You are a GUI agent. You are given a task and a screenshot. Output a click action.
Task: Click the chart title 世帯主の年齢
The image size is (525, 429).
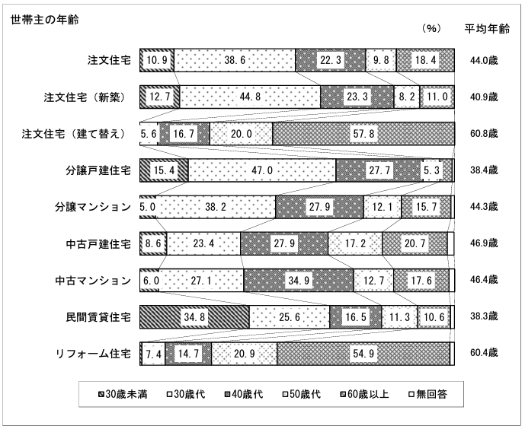pyautogui.click(x=45, y=20)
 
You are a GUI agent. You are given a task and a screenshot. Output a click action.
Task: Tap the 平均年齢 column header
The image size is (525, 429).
pyautogui.click(x=487, y=29)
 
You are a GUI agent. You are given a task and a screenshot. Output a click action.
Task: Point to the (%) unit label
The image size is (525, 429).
pyautogui.click(x=431, y=28)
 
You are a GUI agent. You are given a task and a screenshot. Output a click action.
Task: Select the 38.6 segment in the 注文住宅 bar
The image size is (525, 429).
pyautogui.click(x=235, y=60)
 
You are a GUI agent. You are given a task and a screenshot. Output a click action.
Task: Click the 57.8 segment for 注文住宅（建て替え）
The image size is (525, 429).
pyautogui.click(x=363, y=134)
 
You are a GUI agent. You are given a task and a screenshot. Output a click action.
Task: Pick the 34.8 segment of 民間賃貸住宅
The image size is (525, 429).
pyautogui.click(x=194, y=316)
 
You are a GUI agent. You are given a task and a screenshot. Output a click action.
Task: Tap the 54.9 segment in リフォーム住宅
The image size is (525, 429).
pyautogui.click(x=363, y=354)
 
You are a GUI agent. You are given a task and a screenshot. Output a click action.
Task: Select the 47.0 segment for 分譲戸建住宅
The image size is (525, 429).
pyautogui.click(x=262, y=170)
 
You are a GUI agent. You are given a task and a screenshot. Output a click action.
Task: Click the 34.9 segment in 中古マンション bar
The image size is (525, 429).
pyautogui.click(x=299, y=281)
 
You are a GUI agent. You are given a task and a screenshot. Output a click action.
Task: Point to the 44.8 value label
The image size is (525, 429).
pyautogui.click(x=250, y=97)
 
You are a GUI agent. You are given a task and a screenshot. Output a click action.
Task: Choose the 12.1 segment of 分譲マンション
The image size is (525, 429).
pyautogui.click(x=383, y=207)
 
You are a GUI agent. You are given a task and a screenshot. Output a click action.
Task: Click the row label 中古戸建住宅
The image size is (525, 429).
pyautogui.click(x=98, y=244)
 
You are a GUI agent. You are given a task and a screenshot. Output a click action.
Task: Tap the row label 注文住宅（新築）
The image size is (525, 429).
pyautogui.click(x=85, y=97)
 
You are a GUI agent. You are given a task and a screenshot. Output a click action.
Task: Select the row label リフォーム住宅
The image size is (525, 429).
pyautogui.click(x=93, y=354)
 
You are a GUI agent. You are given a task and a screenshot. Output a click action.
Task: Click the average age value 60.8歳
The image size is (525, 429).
pyautogui.click(x=484, y=134)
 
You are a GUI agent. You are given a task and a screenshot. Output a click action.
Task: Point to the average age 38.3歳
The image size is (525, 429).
pyautogui.click(x=484, y=316)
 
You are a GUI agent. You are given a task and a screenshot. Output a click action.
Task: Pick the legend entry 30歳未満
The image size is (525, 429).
pyautogui.click(x=123, y=395)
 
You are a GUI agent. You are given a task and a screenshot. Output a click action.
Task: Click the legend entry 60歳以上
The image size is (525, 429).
pyautogui.click(x=365, y=395)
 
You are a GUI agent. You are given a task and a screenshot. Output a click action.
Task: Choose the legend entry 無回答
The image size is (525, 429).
pyautogui.click(x=428, y=395)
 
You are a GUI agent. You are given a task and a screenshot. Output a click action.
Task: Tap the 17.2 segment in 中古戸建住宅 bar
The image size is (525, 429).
pyautogui.click(x=355, y=243)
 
